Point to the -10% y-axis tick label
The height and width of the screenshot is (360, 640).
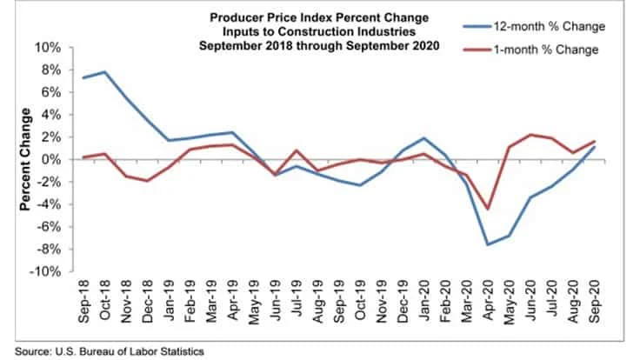point(44,272)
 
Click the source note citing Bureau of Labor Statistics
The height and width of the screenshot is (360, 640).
point(105,351)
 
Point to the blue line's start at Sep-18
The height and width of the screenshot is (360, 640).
point(83,77)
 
